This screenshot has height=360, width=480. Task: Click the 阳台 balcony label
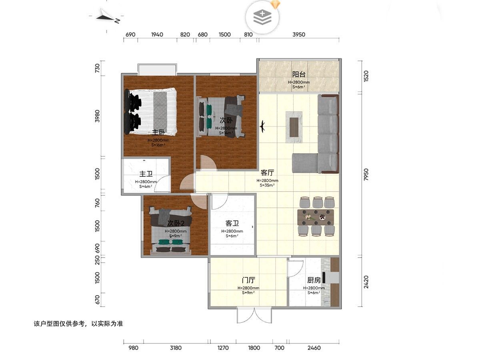click(x=299, y=74)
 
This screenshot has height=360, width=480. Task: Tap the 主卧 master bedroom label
click(x=158, y=132)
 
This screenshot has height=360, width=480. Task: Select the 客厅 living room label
click(x=267, y=173)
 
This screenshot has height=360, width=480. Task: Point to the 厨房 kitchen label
click(x=314, y=280)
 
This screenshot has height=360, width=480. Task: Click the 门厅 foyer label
click(x=248, y=280)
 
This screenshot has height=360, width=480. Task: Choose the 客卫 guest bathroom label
click(x=232, y=223)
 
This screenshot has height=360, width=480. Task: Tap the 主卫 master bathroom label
click(x=146, y=174)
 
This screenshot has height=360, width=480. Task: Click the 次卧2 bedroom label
click(x=176, y=223)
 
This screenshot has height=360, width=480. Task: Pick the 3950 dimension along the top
click(x=299, y=34)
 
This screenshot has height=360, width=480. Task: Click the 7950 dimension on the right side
click(x=366, y=174)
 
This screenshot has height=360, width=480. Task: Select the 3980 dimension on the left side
click(x=97, y=116)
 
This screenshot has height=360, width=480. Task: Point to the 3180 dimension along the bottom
click(x=176, y=348)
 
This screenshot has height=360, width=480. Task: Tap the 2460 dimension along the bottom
click(x=314, y=348)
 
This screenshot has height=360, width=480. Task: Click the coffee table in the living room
click(x=294, y=127)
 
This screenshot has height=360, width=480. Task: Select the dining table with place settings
click(x=316, y=217)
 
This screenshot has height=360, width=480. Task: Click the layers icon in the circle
click(x=262, y=17)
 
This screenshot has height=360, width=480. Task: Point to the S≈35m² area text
click(x=267, y=185)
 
